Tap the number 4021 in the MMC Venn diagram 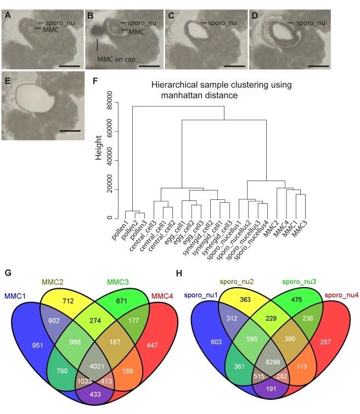click(89, 363)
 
